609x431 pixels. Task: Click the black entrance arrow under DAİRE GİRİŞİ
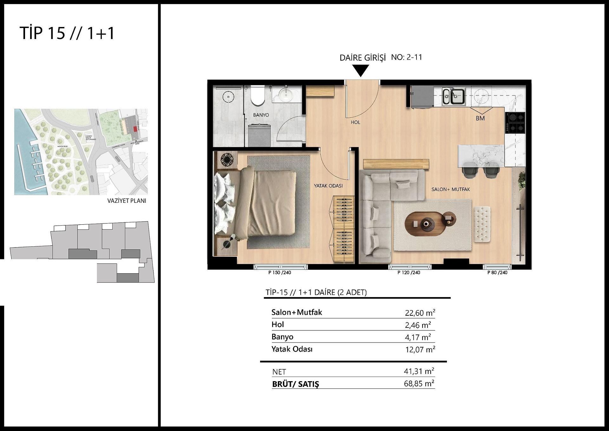[361, 70]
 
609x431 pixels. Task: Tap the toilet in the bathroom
[257, 96]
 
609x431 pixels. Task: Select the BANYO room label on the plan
[261, 115]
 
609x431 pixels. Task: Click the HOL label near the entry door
[355, 122]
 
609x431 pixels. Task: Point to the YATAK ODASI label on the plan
[328, 186]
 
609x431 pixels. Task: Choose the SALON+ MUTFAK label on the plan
[450, 189]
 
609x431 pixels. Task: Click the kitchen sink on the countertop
[454, 96]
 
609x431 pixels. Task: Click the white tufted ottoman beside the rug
[482, 223]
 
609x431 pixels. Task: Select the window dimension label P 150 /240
[279, 273]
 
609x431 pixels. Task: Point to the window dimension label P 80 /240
[497, 273]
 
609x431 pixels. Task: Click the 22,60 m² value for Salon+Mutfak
[420, 313]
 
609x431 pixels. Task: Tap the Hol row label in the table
[278, 324]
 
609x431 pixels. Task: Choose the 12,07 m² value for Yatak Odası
[420, 349]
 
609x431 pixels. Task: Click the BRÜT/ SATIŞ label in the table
[295, 384]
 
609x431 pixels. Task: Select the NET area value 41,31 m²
[419, 371]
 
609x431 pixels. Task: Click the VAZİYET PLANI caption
[127, 201]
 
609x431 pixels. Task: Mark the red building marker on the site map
[135, 129]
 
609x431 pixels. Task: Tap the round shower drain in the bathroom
[228, 96]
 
